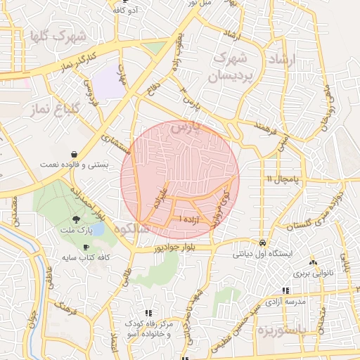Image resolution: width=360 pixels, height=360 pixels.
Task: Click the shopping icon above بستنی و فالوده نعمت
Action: click(x=75, y=154)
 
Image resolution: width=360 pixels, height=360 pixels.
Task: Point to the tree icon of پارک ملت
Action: click(x=75, y=220)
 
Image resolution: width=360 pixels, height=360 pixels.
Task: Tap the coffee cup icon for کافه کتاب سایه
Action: click(x=86, y=247)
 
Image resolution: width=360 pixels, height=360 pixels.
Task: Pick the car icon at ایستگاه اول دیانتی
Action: click(x=262, y=242)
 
